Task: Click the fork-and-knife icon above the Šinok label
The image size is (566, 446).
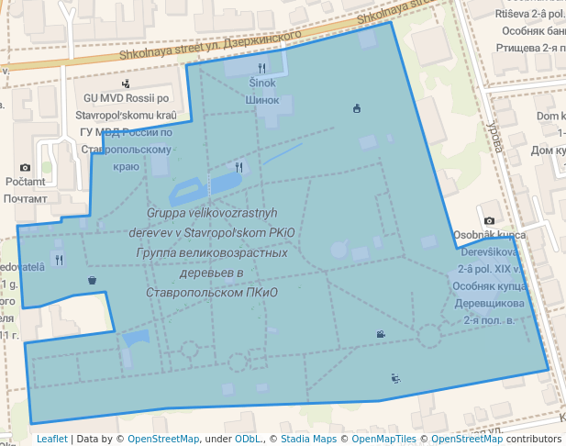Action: coord(262,67)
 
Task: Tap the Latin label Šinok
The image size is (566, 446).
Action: coord(262,83)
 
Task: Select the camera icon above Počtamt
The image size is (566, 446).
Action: coord(25,167)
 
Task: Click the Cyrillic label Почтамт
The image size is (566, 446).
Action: coord(25,197)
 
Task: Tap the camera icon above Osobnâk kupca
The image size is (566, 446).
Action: coord(490,220)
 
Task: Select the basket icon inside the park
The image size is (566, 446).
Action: coord(92,280)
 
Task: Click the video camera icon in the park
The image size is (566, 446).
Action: coord(380,334)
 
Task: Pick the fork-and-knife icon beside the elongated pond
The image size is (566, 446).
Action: coord(239,167)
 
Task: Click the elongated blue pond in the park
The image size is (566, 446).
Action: coord(189,192)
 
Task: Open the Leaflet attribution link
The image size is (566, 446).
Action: coord(52,439)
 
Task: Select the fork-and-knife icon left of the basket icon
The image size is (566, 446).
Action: coord(59,260)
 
